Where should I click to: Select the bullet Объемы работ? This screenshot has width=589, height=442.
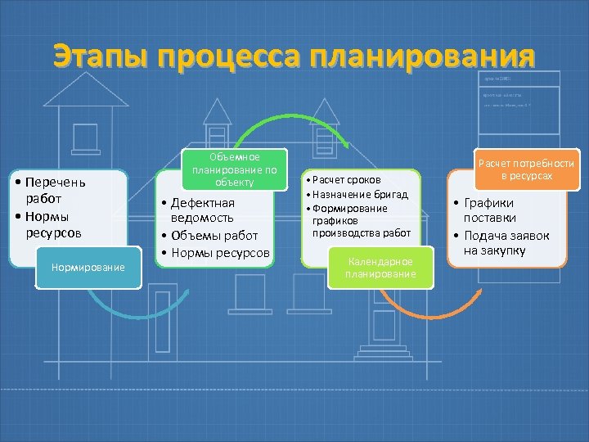pos(213,236)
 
